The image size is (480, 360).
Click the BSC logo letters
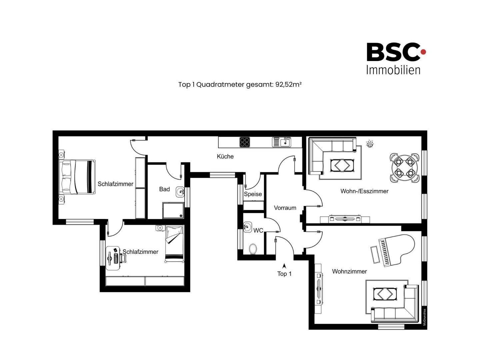393,52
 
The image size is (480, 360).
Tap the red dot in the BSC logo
423,52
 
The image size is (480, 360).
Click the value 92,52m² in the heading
289,84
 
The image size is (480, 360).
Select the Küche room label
225,157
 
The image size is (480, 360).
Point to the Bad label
164,189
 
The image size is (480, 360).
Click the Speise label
253,194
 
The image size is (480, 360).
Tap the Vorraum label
285,208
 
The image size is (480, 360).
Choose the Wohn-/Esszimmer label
364,191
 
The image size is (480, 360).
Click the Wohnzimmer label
349,271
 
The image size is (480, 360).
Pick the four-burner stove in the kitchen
245,142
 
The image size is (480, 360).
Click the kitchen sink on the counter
282,142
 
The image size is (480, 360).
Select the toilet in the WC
253,249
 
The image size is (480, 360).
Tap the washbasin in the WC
247,226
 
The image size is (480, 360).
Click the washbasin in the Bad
180,192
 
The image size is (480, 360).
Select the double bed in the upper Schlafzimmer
77,177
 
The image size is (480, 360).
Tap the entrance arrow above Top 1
284,266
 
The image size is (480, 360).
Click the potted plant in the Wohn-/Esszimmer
370,144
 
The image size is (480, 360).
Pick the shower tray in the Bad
173,210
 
